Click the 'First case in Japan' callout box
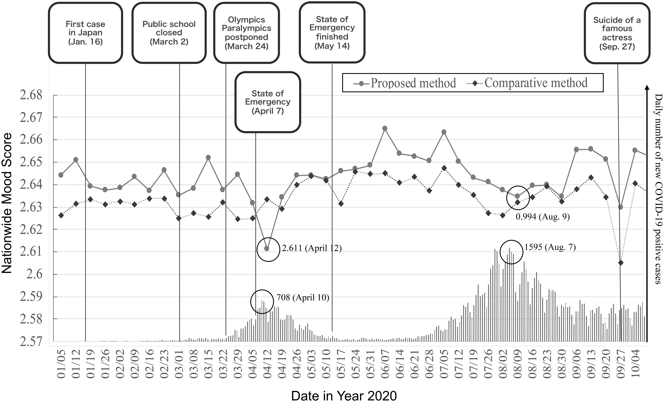(x=85, y=33)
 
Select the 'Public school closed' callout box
(x=169, y=33)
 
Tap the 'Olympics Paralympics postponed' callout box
(x=246, y=33)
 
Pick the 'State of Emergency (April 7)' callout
(x=268, y=102)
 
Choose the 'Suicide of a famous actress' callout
(x=617, y=33)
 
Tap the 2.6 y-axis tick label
(x=34, y=274)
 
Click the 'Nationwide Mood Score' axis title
(x=7, y=203)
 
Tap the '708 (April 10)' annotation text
(x=303, y=298)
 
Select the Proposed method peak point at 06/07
(x=385, y=128)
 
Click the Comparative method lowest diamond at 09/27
(x=621, y=263)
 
